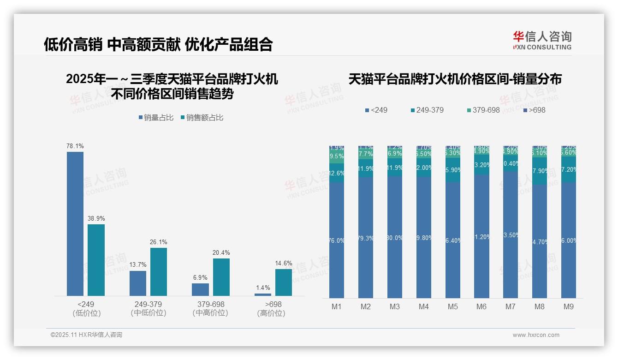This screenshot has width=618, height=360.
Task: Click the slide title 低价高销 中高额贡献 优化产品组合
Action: coord(158,44)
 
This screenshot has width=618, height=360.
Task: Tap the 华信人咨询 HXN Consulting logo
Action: coord(542,41)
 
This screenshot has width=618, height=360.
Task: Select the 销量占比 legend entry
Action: coord(156,118)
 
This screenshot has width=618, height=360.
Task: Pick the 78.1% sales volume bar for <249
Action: coord(75,224)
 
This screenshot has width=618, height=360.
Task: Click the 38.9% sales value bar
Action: coord(96,260)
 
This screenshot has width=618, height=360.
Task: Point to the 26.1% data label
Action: coord(159,242)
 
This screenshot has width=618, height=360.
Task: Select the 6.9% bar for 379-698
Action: coord(200,289)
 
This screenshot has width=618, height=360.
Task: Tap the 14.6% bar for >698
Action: coord(284,282)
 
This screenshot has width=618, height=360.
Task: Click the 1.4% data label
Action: coord(262,288)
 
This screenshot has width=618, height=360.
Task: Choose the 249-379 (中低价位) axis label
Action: coord(148,309)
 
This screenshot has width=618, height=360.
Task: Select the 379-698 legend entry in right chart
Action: coord(483,110)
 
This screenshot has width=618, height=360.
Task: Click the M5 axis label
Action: coord(452,307)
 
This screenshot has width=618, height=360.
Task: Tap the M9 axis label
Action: coord(568,307)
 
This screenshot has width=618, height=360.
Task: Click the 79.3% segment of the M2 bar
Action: coord(366,238)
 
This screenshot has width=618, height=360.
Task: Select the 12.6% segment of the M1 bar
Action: coord(337,174)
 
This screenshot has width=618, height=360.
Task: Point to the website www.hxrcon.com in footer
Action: coord(535,335)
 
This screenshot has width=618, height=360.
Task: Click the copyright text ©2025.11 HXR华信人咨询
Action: coord(86,335)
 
